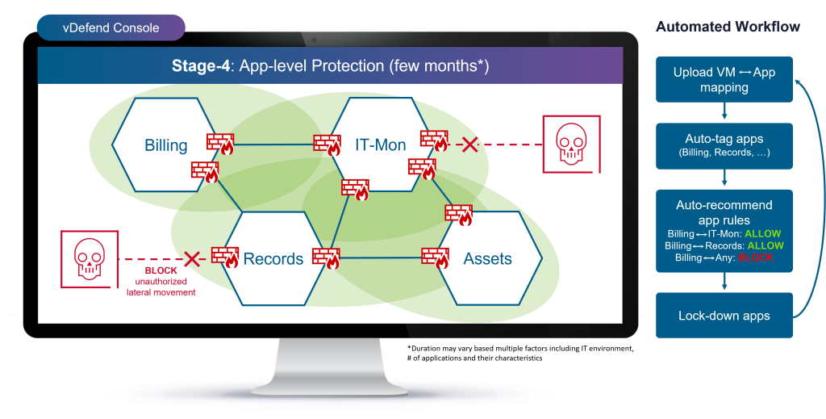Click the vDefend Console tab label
111,28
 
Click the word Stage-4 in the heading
200,65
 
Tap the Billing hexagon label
166,145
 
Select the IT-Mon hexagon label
381,145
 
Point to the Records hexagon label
273,259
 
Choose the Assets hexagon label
487,259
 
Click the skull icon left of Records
89,258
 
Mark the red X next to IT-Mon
469,145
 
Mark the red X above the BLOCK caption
192,258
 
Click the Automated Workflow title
728,27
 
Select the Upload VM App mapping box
724,79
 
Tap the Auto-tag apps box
724,145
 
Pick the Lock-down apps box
724,315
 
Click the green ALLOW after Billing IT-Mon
762,234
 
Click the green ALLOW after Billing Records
765,245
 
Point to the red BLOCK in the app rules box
756,258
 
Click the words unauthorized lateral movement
161,287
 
